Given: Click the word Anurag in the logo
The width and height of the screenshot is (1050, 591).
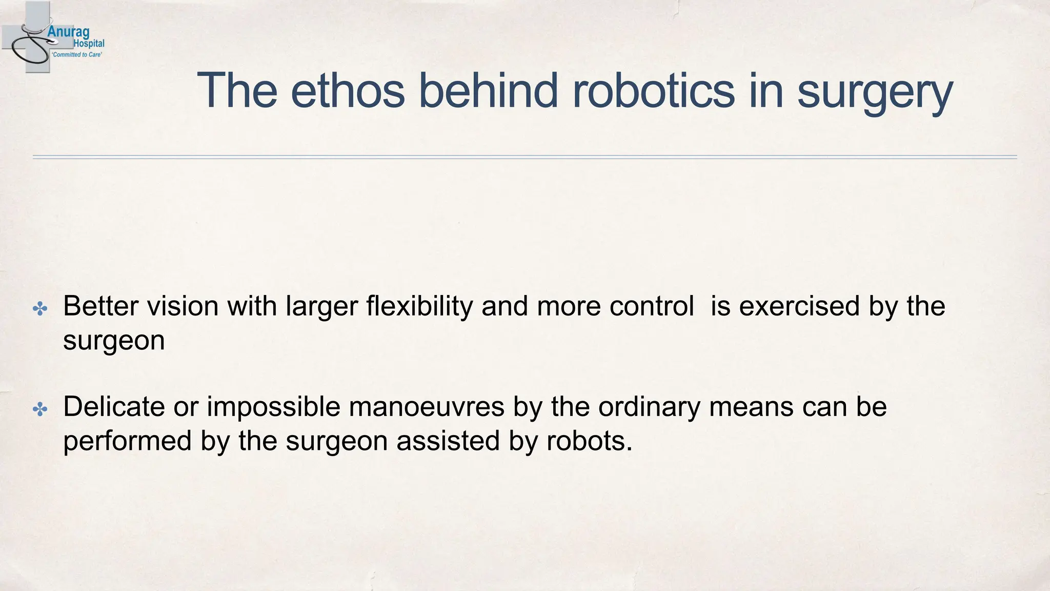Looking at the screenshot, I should tap(68, 32).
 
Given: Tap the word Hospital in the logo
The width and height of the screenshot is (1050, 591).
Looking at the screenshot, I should tap(89, 44).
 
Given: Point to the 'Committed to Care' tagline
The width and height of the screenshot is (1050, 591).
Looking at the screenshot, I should tap(77, 54).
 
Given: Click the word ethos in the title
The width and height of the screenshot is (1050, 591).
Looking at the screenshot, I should tap(348, 91).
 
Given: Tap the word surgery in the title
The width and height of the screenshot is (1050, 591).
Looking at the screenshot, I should tap(875, 92).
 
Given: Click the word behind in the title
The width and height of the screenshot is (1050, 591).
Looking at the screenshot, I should tap(488, 91).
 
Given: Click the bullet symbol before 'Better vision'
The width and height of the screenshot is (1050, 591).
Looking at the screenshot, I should tap(40, 308).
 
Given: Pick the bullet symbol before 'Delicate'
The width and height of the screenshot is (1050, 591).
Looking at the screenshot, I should tap(40, 409).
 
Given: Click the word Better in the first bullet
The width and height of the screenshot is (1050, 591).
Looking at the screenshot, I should tap(101, 306).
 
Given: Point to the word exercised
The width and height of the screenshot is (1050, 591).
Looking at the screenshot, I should tap(799, 306).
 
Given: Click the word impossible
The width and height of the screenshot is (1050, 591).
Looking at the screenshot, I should tap(273, 407).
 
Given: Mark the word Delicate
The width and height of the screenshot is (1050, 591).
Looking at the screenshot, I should tap(114, 407).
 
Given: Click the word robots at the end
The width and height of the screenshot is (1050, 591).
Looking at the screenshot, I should tap(589, 441).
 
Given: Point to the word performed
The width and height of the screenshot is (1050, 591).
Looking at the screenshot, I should tap(128, 441).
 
